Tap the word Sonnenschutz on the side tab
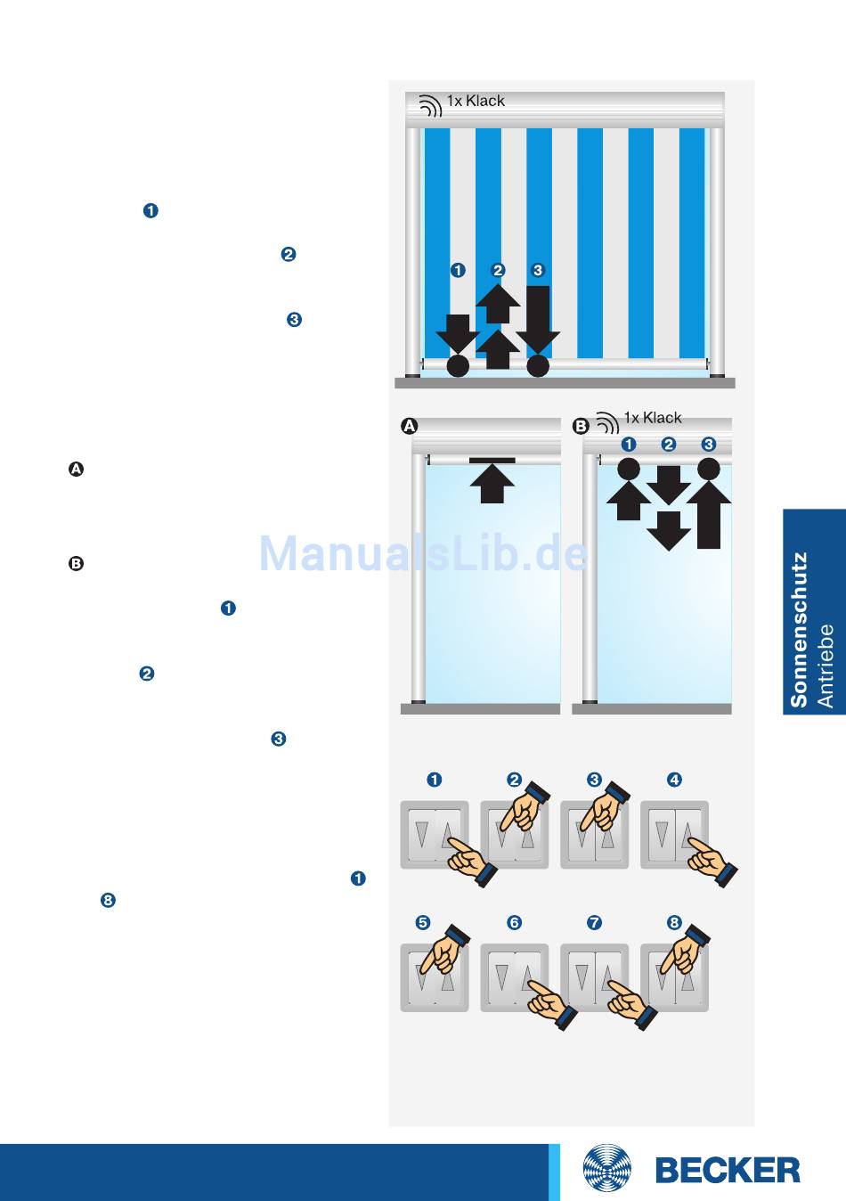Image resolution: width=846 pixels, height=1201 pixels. (798, 629)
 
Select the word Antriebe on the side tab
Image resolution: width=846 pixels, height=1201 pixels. (826, 666)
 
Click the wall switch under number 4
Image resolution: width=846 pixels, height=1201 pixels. (674, 834)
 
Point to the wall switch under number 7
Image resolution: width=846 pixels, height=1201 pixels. (594, 977)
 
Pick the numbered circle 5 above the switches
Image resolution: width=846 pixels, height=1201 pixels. (423, 922)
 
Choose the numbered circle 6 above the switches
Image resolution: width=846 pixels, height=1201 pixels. (515, 922)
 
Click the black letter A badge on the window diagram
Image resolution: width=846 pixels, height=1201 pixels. (409, 426)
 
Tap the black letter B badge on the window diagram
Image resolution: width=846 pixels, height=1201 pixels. (581, 426)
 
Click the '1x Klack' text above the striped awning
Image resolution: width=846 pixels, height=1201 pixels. (476, 101)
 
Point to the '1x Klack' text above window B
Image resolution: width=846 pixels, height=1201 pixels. (653, 418)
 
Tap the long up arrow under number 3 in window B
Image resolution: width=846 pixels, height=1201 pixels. (709, 515)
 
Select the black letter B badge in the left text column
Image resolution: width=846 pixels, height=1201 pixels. (76, 563)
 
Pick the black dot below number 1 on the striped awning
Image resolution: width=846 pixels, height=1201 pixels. (458, 365)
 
